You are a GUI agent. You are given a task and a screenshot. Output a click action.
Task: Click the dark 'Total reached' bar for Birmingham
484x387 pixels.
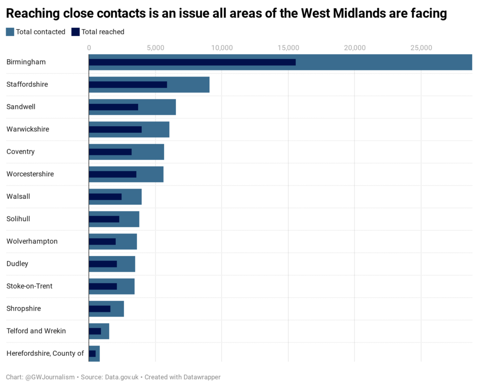192,62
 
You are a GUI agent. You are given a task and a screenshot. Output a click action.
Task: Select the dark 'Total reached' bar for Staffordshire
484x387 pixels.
128,85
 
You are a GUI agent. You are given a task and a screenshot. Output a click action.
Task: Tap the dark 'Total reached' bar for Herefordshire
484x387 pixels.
92,353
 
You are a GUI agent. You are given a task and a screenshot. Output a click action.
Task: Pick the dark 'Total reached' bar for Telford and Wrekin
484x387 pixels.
95,331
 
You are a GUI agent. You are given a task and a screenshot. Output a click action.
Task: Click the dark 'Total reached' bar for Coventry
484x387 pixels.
110,152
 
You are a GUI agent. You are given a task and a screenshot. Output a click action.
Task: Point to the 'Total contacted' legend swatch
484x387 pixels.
10,32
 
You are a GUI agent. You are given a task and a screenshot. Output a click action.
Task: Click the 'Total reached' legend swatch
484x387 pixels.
75,32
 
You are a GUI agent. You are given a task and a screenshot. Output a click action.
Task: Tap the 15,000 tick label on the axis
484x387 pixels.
288,48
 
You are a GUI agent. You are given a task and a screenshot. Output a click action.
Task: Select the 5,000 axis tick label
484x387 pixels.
155,48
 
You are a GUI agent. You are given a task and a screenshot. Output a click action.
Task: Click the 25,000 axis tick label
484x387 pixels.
421,48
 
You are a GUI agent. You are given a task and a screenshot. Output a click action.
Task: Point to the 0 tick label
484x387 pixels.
89,48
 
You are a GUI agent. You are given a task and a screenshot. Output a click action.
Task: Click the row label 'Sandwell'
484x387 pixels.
21,107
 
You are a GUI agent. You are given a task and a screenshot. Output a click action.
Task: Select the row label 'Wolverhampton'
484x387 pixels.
32,241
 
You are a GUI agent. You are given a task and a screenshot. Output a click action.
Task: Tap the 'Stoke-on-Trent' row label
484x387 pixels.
29,286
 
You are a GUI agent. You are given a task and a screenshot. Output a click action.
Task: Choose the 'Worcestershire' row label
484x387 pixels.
30,174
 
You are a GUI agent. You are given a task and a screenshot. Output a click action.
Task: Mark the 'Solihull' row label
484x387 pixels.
18,219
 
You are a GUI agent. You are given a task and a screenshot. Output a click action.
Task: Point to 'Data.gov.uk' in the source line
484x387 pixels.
121,377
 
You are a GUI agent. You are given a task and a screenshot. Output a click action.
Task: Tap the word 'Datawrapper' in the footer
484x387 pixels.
202,377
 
